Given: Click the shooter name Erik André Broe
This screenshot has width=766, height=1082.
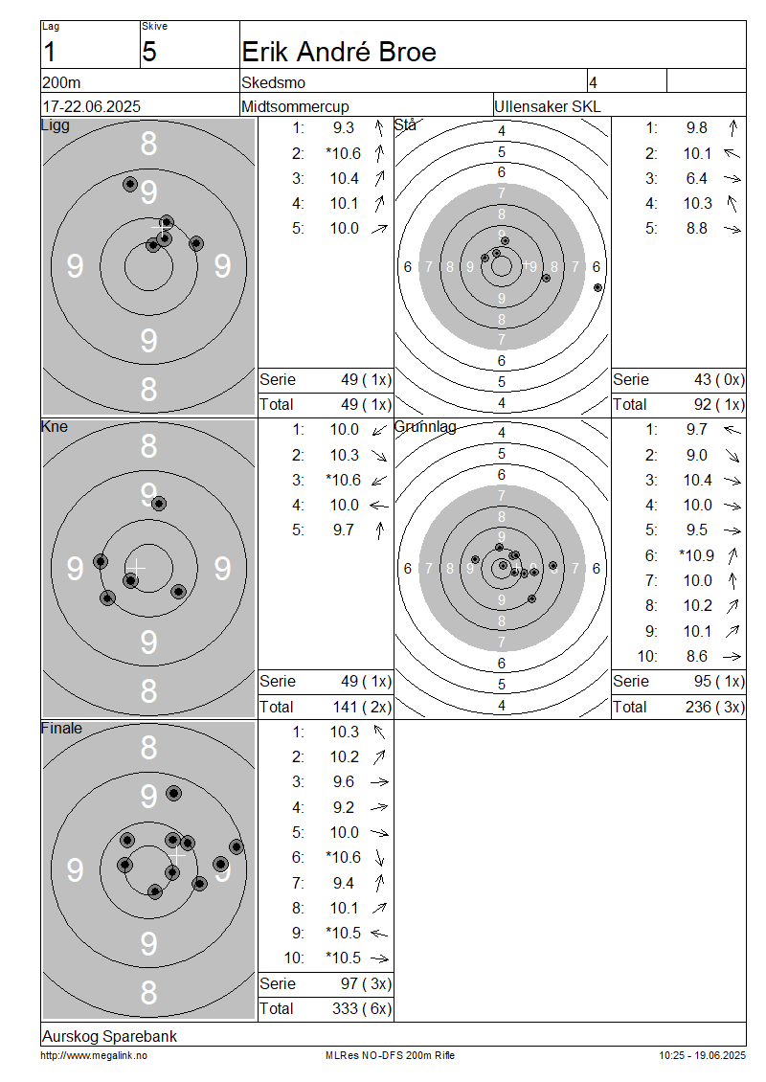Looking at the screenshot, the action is point(339,53).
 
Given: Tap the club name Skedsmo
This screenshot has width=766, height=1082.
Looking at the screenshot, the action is point(273,82).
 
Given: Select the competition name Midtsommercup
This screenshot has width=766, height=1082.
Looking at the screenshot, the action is point(295,107).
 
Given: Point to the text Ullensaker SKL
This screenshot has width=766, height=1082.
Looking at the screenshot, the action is point(548,107).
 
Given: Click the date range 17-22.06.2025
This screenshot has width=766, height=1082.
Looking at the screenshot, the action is point(91,107).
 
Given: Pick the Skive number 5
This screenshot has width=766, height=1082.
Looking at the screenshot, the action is point(149,53).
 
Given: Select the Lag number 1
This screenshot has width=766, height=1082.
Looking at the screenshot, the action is point(49,53).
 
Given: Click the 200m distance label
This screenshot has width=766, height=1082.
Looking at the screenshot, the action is point(61,82).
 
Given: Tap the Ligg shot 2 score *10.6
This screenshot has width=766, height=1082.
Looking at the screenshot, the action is point(343,153).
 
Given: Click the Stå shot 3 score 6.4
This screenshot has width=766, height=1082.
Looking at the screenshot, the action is point(696,179).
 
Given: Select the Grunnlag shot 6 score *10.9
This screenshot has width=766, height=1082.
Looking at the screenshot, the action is point(696,555).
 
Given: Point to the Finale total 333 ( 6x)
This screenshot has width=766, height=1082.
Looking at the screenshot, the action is point(362,1009).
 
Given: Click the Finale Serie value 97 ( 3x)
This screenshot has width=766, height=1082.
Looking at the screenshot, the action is point(366,984).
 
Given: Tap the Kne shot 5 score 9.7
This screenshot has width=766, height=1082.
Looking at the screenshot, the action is point(343,530).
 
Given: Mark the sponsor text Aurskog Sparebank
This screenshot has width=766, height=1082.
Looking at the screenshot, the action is point(110,1036).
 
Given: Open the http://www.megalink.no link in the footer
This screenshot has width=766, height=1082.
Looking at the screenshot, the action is point(94,1056).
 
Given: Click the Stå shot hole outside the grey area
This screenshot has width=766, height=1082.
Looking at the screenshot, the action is point(597,288).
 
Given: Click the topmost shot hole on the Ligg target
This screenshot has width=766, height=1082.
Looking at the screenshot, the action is point(129,184).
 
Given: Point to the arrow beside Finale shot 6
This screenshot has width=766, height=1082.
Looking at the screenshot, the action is point(379,858).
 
